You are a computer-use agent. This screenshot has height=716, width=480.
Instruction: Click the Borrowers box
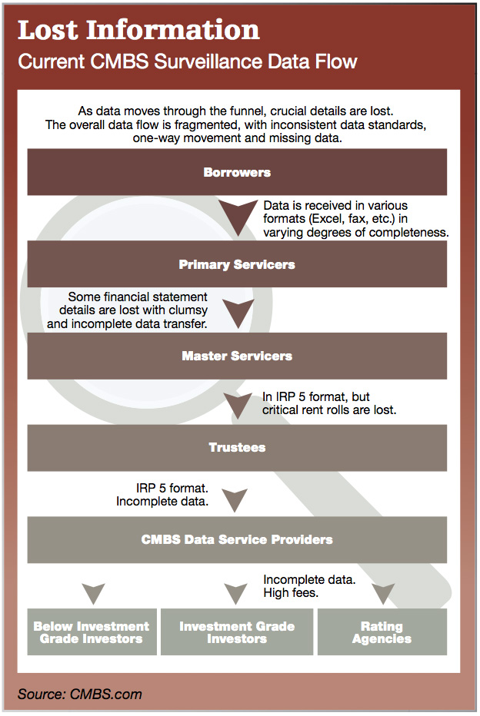tap(237, 171)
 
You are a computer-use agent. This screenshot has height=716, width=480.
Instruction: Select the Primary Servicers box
tap(237, 264)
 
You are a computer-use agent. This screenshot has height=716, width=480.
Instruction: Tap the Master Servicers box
tap(237, 356)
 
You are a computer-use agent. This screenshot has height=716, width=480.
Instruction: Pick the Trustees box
tap(237, 447)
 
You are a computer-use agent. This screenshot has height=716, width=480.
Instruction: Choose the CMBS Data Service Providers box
tap(237, 540)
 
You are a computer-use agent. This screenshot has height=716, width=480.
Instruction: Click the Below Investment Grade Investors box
tap(92, 632)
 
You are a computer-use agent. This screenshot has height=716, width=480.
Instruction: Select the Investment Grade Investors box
tap(237, 632)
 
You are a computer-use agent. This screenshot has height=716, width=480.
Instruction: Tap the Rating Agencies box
tap(382, 632)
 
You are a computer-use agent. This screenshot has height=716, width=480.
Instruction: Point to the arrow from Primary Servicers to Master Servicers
tap(238, 313)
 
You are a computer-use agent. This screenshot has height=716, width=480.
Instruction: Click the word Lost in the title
tap(48, 30)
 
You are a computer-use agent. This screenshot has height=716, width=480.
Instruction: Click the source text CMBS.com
tap(105, 694)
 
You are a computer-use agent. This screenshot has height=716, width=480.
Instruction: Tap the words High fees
tap(291, 593)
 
